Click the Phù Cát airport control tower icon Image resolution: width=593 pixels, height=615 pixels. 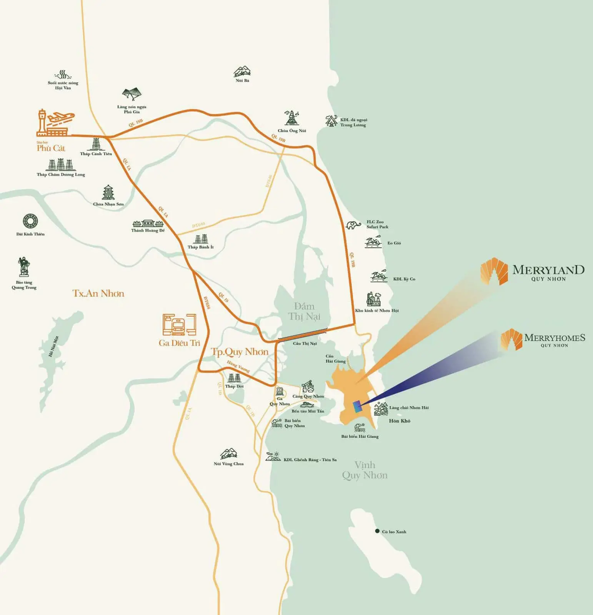pos(42,122)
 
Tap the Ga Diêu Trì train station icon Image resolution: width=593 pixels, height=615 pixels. pos(179,325)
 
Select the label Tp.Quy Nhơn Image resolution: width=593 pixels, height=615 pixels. pos(240,352)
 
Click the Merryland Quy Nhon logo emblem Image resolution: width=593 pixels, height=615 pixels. pos(494,272)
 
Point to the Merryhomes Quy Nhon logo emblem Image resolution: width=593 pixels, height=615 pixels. pos(511,339)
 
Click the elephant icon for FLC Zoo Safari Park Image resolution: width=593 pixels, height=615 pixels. pos(353,225)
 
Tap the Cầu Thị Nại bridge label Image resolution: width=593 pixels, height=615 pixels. pos(305,344)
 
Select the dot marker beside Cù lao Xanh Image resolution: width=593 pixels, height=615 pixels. pos(377,531)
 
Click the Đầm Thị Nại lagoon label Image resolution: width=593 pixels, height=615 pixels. pos(304,311)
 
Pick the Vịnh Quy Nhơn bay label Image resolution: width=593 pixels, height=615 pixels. pos(365,470)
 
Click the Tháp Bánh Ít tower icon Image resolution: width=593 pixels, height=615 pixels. pos(200,239)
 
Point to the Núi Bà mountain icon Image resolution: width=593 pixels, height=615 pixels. pos(242,71)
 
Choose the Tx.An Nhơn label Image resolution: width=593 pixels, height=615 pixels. pos(98,294)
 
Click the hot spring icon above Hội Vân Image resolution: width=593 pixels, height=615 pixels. pos(63,74)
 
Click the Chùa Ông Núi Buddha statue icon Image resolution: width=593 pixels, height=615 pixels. pos(292,118)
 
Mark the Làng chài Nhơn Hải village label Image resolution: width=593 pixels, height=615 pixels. pos(409,408)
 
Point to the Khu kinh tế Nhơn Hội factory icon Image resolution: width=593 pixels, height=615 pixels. pos(373,299)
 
